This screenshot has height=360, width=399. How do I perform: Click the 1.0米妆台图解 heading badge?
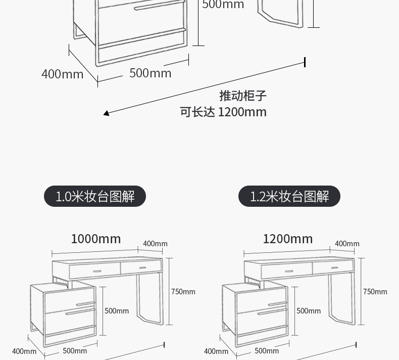point(95,196)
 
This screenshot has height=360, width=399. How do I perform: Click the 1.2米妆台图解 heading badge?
point(289,196)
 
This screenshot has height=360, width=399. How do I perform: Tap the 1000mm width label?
point(96,239)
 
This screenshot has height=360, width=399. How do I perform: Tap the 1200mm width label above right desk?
point(288,239)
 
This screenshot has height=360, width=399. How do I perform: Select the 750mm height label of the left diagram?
point(183,292)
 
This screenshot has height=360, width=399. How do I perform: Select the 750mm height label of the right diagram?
point(375,292)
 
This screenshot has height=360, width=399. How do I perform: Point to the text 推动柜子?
point(242,96)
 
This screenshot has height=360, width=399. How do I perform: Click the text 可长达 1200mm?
point(223,112)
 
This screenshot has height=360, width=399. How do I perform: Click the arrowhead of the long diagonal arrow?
point(106,113)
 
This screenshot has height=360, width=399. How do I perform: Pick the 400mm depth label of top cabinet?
point(62,74)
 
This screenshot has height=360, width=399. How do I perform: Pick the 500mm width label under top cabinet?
point(151,73)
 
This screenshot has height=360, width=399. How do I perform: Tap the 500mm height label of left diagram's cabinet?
point(117,311)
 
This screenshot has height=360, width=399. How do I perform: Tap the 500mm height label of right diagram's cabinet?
point(309,311)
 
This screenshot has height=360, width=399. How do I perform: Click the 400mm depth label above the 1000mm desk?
point(155,244)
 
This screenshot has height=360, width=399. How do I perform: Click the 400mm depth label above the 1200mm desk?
point(347,244)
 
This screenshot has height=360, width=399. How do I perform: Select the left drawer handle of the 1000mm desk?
point(97,272)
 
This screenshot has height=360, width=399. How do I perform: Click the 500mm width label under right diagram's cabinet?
point(267,351)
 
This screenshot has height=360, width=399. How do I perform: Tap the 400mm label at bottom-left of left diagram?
point(24,351)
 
